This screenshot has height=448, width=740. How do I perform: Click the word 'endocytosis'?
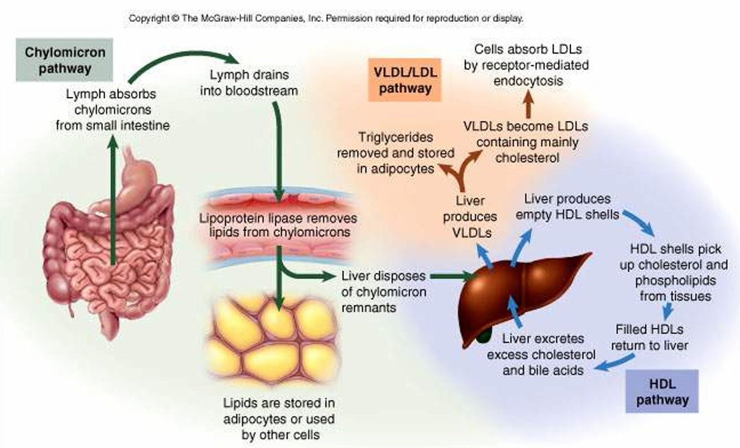[532, 81]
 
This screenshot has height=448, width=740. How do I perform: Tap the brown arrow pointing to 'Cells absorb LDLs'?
[529, 107]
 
